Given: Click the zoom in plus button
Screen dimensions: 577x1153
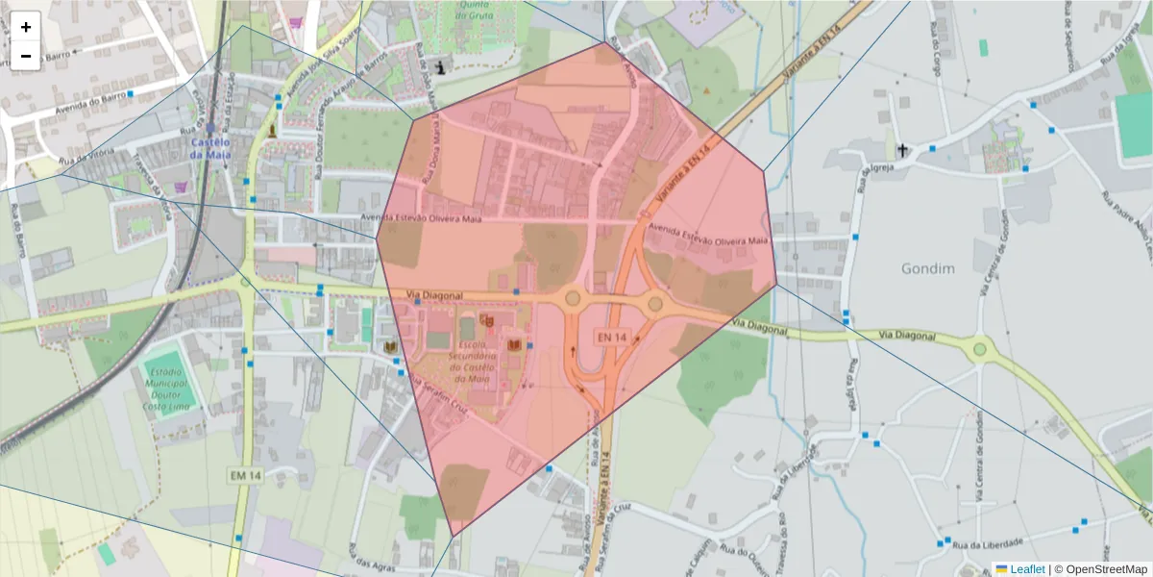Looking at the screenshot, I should click(26, 27).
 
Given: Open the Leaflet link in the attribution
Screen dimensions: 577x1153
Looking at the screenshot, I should click(1027, 569).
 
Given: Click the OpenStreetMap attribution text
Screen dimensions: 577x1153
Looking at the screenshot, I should click(1105, 569).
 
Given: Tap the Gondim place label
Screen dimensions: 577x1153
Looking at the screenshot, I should click(927, 268).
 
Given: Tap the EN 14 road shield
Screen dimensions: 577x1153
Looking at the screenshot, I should click(611, 338).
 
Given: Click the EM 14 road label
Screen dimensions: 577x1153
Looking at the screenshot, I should click(245, 475).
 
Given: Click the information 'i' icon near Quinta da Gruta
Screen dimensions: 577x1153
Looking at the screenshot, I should click(441, 66).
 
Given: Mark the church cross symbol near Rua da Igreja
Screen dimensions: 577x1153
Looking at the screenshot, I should click(902, 150).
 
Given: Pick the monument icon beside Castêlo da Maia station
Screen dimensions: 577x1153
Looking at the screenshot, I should click(273, 130).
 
